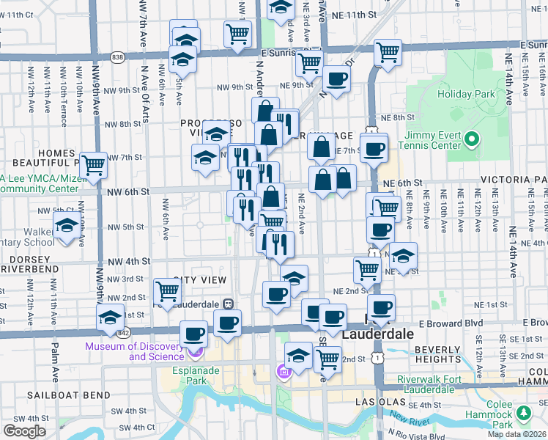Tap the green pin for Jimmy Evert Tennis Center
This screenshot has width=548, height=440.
[x=473, y=138]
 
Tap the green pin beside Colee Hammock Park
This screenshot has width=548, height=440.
[x=524, y=414]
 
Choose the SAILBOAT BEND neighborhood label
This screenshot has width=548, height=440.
[x=58, y=395]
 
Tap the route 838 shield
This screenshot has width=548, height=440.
[x=118, y=56]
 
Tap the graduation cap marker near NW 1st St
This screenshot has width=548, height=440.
[x=110, y=317]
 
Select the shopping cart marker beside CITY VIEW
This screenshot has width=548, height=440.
[x=168, y=290]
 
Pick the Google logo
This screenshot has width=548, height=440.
[x=24, y=431]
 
